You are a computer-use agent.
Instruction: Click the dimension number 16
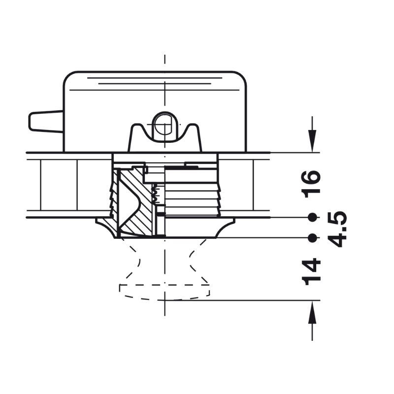tap(312, 184)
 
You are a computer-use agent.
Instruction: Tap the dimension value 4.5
tap(337, 230)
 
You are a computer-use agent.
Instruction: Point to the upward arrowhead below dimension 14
tap(312, 312)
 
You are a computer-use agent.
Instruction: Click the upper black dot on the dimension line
tap(312, 217)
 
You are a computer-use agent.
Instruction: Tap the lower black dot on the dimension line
tap(312, 238)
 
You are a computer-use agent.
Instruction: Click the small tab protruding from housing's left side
tap(46, 122)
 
